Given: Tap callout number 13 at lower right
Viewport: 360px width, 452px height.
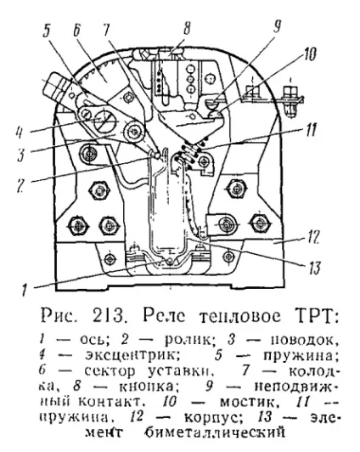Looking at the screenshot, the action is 314,268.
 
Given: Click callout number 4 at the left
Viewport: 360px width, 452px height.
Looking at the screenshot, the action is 20,133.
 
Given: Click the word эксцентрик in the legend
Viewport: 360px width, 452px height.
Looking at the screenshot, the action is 132,354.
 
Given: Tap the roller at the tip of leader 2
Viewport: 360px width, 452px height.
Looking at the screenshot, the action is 158,155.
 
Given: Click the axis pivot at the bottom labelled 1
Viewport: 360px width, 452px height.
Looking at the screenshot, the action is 170,261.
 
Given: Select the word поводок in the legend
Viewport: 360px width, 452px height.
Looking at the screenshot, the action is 301,340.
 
